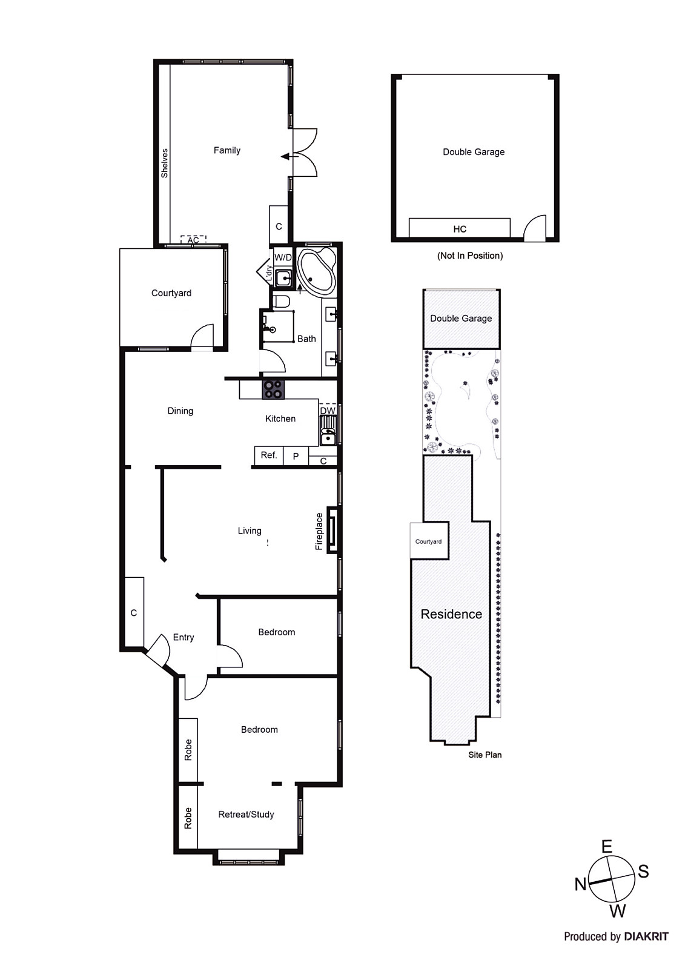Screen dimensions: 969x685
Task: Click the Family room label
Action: coord(227,150)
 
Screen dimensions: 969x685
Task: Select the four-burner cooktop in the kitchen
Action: coord(273,389)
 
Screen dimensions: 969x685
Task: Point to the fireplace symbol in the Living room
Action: coord(333,530)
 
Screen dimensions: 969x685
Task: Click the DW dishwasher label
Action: coord(328,411)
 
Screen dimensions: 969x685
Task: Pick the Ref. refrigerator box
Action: coord(268,455)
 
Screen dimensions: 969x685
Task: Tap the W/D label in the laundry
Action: coord(283,257)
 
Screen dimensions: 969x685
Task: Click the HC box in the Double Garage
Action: coord(460,228)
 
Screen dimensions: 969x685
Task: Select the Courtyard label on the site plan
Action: coord(428,541)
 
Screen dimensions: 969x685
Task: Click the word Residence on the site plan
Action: coord(451,614)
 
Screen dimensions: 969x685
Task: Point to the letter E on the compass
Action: coord(606,847)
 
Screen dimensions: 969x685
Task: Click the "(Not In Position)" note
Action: coord(470,256)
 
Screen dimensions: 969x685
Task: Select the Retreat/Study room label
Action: coord(246,815)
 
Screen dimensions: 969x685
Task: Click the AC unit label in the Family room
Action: coord(193,240)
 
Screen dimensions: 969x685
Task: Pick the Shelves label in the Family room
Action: coord(165,164)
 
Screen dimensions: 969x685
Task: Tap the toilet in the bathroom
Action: coord(282,301)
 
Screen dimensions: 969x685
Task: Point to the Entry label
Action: coord(184,637)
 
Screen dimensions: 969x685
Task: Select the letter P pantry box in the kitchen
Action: coord(296,457)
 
